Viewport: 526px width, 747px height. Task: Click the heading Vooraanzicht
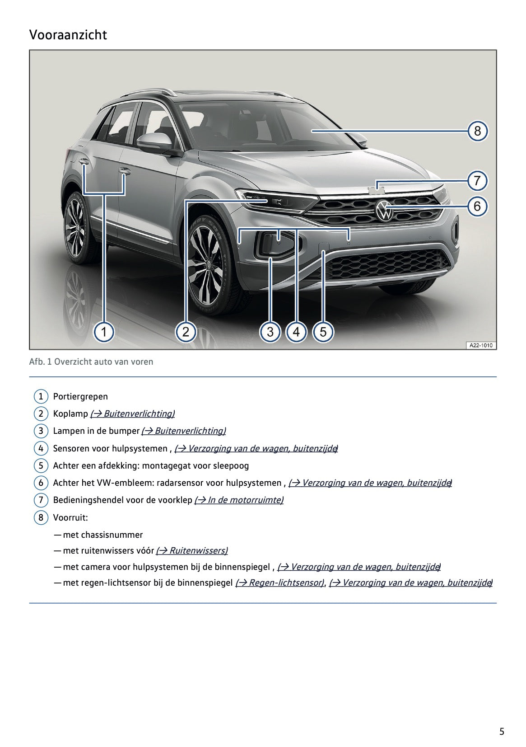68,35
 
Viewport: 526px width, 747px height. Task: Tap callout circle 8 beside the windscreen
477,131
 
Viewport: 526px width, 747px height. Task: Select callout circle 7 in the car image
477,181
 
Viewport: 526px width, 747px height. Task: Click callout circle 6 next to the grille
477,207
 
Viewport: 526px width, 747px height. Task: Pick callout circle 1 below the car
104,332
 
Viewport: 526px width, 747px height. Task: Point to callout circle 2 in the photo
186,332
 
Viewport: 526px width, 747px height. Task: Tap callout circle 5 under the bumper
323,332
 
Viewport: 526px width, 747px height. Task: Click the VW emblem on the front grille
384,211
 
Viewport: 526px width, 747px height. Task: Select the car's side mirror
155,142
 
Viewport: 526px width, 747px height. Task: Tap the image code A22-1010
480,345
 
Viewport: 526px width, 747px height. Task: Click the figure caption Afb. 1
91,362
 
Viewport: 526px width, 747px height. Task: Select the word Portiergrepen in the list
80,396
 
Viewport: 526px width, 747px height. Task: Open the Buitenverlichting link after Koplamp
132,413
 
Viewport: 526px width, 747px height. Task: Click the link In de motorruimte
239,500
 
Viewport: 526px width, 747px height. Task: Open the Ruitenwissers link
192,550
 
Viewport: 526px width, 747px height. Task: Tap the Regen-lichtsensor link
279,583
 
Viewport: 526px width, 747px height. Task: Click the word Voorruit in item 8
70,517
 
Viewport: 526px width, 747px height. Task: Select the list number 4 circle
41,448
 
